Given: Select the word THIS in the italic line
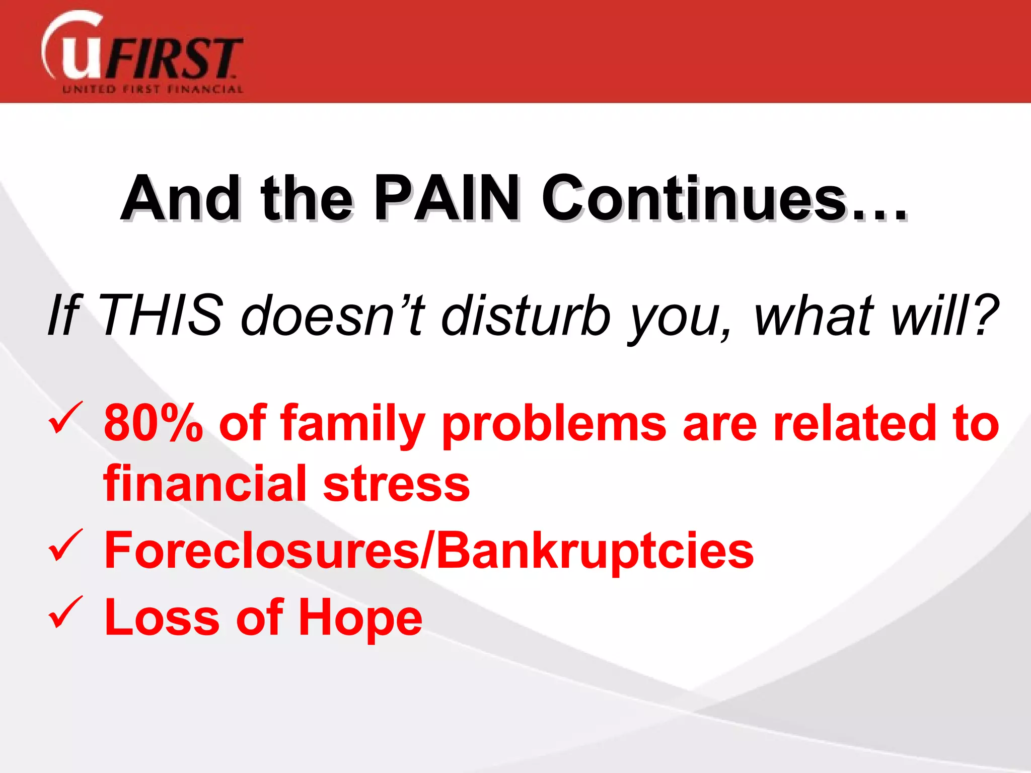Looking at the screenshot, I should pos(162,316).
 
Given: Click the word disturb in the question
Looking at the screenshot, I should pos(526,316).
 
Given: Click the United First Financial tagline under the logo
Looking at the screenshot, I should pos(153,90).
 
